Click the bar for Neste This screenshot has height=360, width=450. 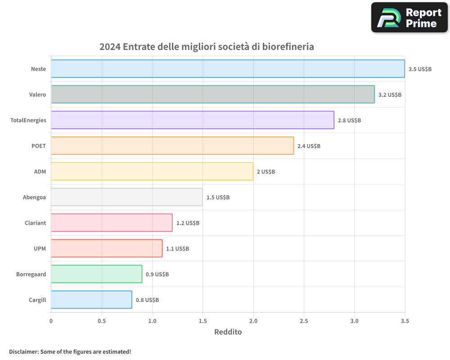(x=228, y=69)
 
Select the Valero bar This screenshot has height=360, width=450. (x=212, y=94)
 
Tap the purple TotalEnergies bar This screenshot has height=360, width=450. (x=192, y=120)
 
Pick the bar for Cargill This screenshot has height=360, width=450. (x=91, y=300)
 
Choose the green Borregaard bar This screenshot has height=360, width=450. (x=96, y=274)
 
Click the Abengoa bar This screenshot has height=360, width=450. (x=126, y=197)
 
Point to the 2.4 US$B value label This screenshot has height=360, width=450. (x=309, y=146)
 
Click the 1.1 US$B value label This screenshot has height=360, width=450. (x=177, y=249)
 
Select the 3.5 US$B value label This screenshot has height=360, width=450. (x=420, y=69)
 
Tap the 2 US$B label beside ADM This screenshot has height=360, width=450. (x=265, y=172)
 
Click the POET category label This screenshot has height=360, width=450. (x=38, y=146)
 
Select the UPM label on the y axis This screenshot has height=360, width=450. (x=40, y=248)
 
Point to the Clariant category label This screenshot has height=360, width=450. (x=35, y=223)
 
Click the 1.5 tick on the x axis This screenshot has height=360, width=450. (x=202, y=321)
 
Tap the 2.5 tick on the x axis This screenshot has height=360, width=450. (x=304, y=321)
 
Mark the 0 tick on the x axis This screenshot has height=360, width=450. (x=51, y=321)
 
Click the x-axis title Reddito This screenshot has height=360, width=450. (x=228, y=332)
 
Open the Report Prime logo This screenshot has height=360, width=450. (x=409, y=18)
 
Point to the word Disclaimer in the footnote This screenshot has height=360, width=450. (x=23, y=351)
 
